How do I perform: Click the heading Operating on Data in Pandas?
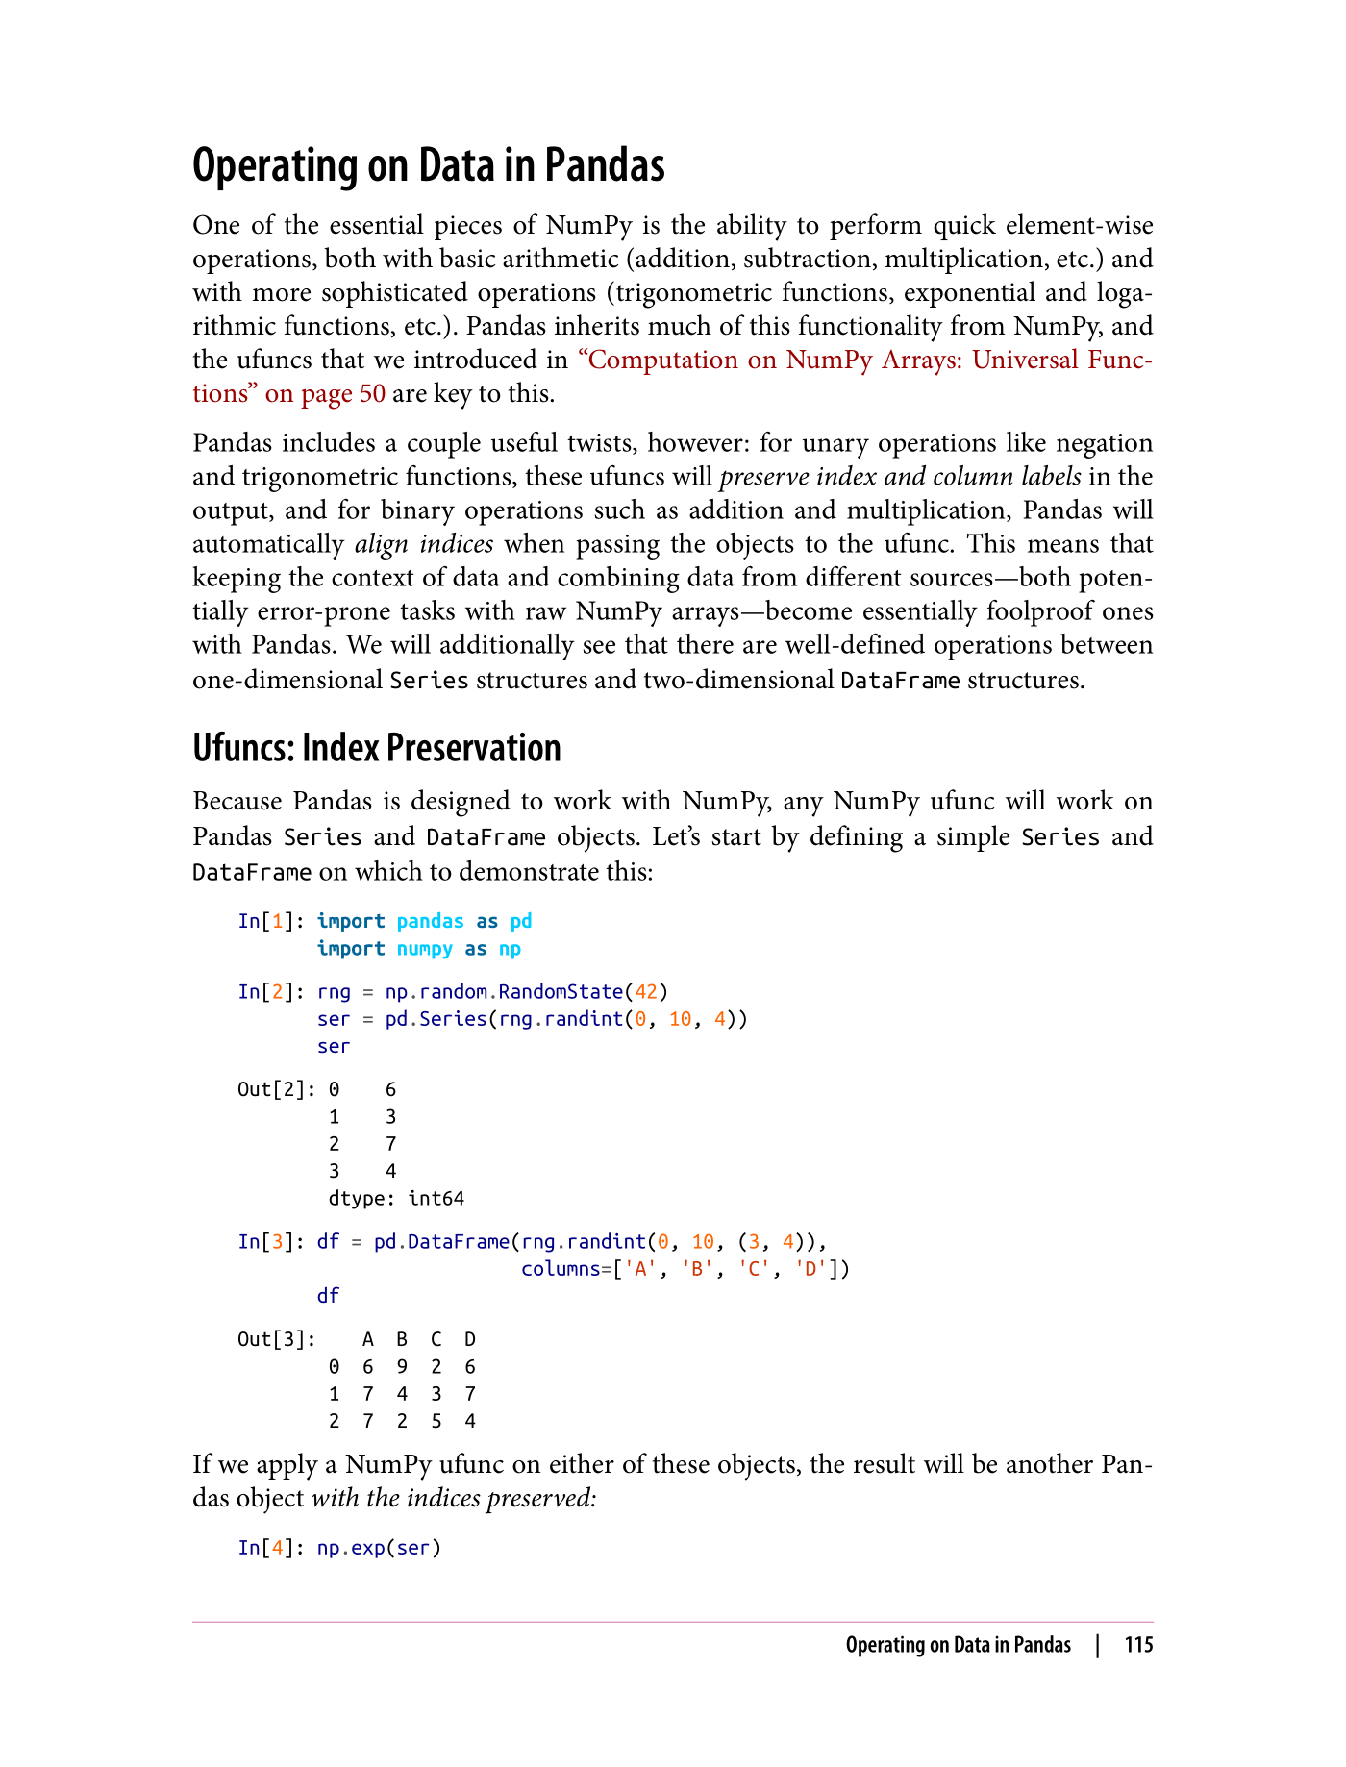tap(428, 165)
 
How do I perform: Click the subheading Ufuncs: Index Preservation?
tap(376, 748)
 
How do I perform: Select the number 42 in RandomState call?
tap(645, 991)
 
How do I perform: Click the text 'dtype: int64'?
tap(396, 1198)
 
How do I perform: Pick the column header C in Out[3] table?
tap(436, 1339)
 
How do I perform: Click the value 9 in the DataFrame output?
tap(402, 1366)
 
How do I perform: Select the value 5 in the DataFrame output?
tap(436, 1420)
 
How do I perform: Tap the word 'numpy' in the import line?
tap(424, 948)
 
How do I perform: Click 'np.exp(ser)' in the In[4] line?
tap(379, 1548)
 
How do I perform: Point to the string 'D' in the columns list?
tap(810, 1268)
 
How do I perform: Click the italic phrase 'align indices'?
tap(424, 544)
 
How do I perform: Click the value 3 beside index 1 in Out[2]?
tap(390, 1116)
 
